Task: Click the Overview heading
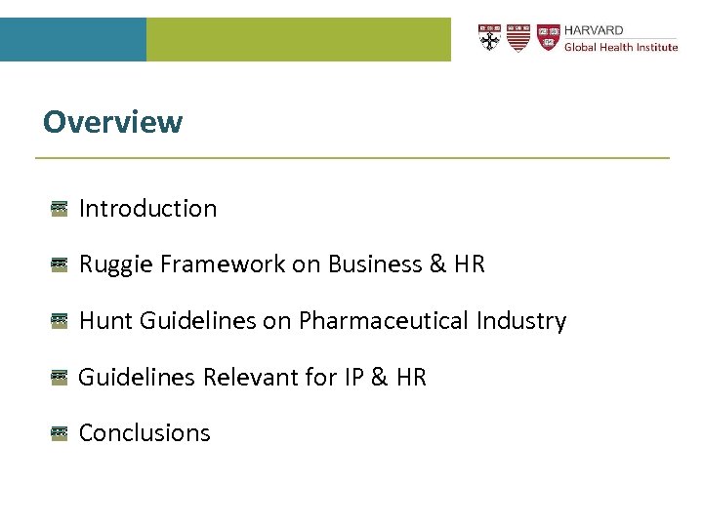click(112, 122)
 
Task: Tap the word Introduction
click(147, 208)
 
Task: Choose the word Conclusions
click(145, 433)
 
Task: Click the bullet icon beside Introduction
click(60, 208)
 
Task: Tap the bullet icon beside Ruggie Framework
click(60, 264)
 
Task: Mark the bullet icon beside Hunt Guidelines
click(60, 321)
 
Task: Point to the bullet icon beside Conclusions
click(60, 433)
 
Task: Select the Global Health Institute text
click(621, 47)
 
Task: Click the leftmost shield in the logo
click(489, 38)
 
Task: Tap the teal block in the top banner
click(73, 39)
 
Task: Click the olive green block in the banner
click(299, 39)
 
